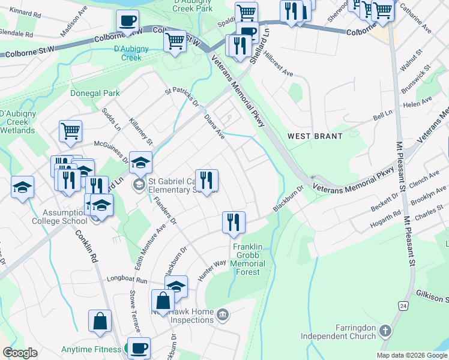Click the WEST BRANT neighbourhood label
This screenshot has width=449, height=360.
pyautogui.click(x=315, y=136)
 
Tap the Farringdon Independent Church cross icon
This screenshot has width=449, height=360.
pyautogui.click(x=385, y=331)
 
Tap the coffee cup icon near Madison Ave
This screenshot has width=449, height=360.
pyautogui.click(x=127, y=21)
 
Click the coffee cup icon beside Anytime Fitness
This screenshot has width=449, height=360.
pyautogui.click(x=139, y=347)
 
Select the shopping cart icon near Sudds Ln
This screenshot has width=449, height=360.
pyautogui.click(x=70, y=130)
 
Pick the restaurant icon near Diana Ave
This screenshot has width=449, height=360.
pyautogui.click(x=206, y=180)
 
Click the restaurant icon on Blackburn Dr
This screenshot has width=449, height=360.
pyautogui.click(x=234, y=222)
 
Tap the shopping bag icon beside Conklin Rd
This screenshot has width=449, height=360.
pyautogui.click(x=100, y=320)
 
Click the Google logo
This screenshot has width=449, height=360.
pyautogui.click(x=20, y=353)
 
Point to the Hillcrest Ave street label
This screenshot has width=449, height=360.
pyautogui.click(x=279, y=67)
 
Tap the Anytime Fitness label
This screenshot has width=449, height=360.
pyautogui.click(x=90, y=349)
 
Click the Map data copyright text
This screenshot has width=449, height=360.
pyautogui.click(x=411, y=355)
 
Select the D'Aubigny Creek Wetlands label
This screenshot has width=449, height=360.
pyautogui.click(x=17, y=122)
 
